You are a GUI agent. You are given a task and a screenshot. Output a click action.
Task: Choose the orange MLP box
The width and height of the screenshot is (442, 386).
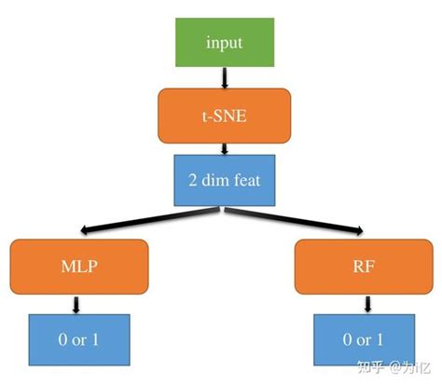tap(79, 265)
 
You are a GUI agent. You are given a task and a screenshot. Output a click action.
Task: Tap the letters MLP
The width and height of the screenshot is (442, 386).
tap(79, 266)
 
